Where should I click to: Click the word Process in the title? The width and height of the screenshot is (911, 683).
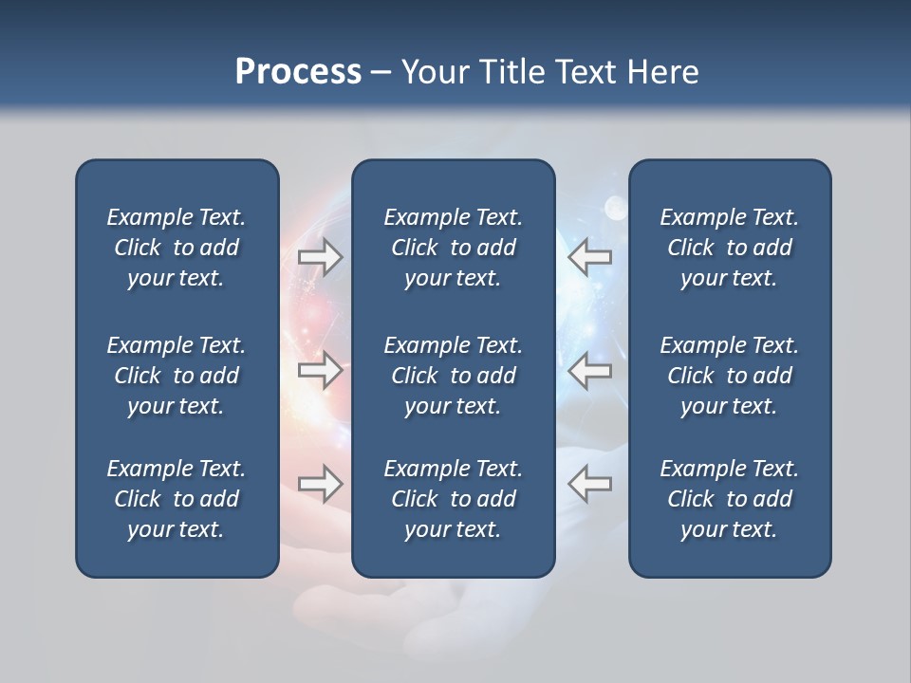tap(298, 72)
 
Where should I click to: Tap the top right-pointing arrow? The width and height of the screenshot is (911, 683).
tap(321, 257)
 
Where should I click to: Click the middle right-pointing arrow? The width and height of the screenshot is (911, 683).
tap(321, 370)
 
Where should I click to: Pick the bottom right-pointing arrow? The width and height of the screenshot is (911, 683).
tap(321, 483)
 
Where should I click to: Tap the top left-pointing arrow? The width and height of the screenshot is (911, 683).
tap(589, 257)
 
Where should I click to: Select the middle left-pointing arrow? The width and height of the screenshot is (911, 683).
tap(589, 370)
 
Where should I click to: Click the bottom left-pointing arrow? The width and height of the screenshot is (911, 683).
tap(589, 483)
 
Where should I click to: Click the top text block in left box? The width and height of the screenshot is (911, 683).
tap(177, 248)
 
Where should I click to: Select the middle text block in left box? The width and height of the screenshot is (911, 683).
tap(177, 376)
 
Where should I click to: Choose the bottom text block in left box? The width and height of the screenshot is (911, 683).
tap(177, 499)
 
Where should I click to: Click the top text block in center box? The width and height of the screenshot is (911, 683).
tap(454, 248)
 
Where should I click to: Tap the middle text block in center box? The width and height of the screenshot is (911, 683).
tap(454, 376)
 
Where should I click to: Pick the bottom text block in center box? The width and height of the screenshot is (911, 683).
tap(454, 499)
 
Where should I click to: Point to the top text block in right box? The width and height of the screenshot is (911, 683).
tap(730, 248)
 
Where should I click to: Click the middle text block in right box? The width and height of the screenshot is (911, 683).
tap(730, 376)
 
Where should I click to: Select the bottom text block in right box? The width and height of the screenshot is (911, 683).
tap(730, 499)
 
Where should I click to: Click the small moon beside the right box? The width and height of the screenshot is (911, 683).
tap(615, 205)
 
